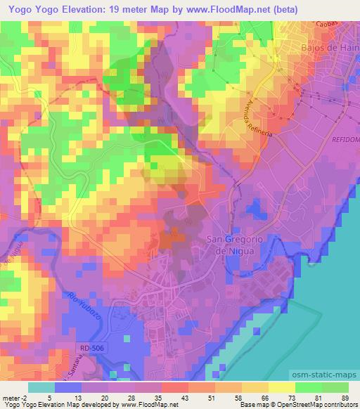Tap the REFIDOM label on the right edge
point(345,141)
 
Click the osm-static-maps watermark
point(321,377)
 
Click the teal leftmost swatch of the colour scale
point(41,387)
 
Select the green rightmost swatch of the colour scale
point(335,387)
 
